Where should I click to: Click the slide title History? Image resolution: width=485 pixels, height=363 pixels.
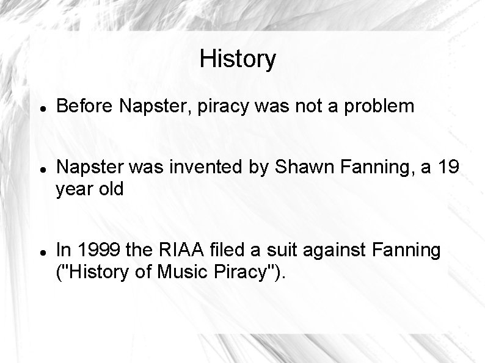click(238, 59)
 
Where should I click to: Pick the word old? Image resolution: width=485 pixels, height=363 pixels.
click(110, 189)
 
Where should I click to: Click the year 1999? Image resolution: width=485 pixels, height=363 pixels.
click(95, 250)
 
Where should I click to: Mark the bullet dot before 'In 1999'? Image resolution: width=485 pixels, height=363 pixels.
click(38, 250)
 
